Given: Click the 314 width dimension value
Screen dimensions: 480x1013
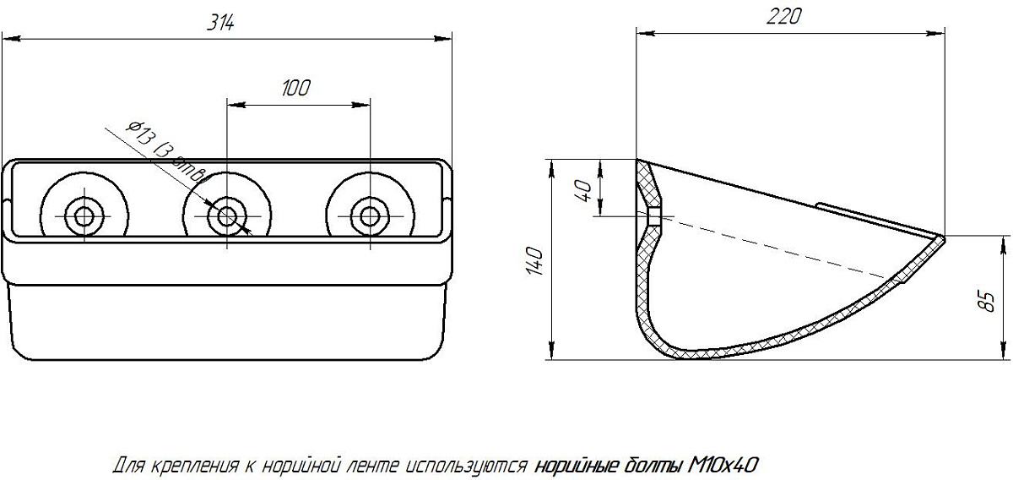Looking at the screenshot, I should [221, 25].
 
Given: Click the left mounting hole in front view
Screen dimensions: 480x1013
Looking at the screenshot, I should [84, 215].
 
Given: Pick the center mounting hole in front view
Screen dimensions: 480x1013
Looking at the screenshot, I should [226, 215].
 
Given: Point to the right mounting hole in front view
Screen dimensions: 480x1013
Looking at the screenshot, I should [368, 215].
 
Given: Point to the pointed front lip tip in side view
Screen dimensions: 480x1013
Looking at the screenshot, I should [943, 239].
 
